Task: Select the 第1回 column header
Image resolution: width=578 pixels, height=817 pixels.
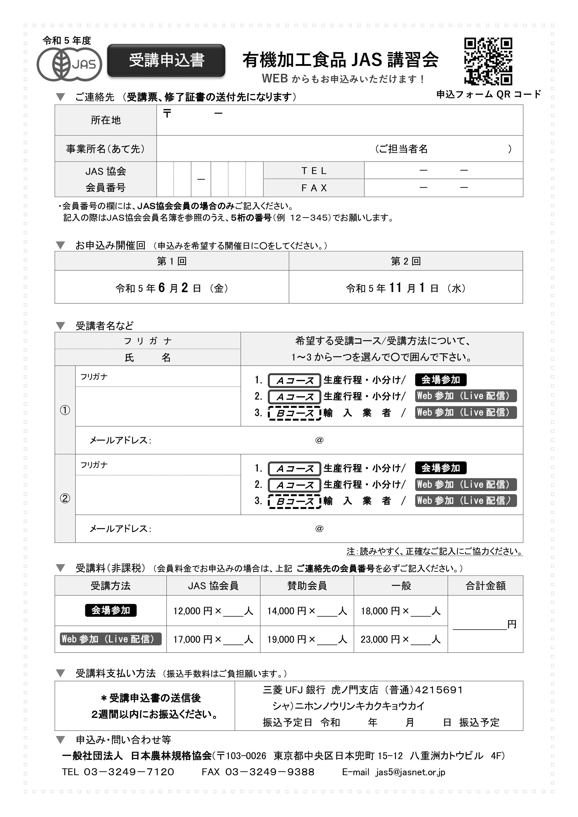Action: point(172,261)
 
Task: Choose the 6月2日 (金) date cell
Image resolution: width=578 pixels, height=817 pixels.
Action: point(172,288)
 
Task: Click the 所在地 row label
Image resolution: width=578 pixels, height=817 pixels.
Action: point(106,120)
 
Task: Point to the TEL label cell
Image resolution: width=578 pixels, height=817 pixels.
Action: point(314,171)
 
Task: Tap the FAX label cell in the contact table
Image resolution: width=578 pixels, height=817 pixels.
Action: point(314,188)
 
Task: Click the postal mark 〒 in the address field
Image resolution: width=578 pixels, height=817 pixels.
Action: point(167,114)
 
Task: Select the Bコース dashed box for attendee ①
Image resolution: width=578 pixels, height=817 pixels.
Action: point(295,413)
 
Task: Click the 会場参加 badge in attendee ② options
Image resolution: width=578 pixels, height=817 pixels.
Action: point(440,468)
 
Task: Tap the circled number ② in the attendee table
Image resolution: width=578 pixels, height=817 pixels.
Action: point(65,498)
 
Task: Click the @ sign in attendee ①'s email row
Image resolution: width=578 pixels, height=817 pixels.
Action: point(319,440)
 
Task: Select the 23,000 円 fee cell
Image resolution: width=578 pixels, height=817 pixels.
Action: point(401,639)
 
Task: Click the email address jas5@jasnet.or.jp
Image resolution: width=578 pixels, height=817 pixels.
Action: point(410,772)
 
